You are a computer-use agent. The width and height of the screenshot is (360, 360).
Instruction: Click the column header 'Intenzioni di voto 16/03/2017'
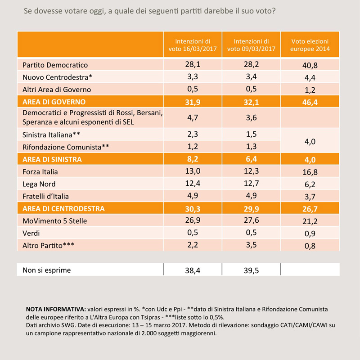click(x=193, y=45)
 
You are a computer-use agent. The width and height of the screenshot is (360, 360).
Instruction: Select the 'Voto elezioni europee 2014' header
click(x=310, y=45)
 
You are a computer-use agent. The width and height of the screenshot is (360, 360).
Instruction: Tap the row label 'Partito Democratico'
click(x=55, y=65)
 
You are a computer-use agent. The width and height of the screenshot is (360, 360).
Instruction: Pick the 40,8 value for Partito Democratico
click(x=310, y=65)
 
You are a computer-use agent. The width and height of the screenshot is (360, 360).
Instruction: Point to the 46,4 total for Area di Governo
click(x=310, y=101)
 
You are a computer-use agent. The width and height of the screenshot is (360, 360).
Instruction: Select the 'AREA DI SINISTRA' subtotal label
click(x=52, y=159)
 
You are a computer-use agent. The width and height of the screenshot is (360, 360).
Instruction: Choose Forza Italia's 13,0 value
click(x=193, y=171)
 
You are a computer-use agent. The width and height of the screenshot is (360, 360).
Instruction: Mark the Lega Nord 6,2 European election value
click(x=310, y=184)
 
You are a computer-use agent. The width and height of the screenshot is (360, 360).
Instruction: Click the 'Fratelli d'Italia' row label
click(x=47, y=196)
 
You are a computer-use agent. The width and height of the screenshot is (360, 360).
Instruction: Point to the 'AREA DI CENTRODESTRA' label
click(x=63, y=208)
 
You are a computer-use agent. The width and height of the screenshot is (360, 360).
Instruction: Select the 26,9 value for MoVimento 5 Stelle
click(x=193, y=220)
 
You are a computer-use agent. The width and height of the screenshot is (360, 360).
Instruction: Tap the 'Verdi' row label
click(x=32, y=233)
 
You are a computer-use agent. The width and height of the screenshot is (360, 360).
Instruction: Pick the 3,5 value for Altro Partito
click(x=251, y=245)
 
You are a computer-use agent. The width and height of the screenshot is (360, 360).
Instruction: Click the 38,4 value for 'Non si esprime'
click(x=193, y=270)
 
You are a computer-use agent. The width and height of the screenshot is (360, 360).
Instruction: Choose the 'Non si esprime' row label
click(x=46, y=270)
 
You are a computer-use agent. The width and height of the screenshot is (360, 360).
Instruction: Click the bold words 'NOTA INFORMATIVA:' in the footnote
click(x=55, y=310)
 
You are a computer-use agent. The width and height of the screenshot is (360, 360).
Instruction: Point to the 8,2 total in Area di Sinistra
click(x=193, y=159)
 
